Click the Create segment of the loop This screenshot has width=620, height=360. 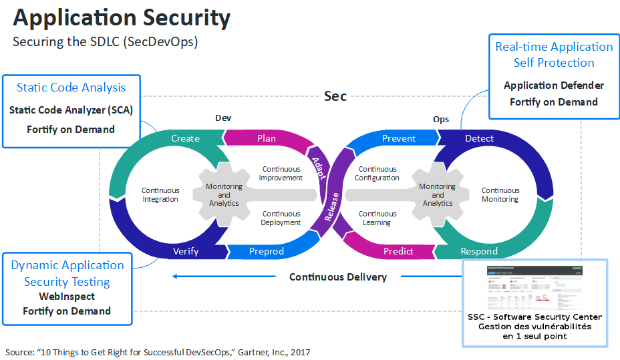185,138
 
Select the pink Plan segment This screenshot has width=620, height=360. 266,138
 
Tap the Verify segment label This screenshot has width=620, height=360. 186,251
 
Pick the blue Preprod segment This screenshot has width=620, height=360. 266,251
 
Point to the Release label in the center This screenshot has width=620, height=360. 331,207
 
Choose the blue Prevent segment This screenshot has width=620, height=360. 399,138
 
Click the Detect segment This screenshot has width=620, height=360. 479,138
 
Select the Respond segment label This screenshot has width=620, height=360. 479,251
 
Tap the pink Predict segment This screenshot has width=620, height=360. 399,251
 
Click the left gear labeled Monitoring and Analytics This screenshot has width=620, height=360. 224,195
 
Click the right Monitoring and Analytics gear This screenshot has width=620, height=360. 438,195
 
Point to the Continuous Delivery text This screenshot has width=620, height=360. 337,277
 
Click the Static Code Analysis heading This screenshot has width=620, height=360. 71,87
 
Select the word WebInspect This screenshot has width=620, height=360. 67,296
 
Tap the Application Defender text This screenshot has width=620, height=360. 554,85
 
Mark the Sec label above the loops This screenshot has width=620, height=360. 335,96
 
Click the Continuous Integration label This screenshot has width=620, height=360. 160,195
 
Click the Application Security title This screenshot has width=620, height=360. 122,18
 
